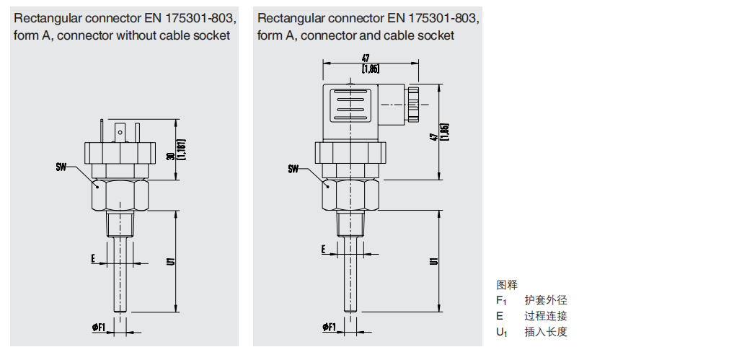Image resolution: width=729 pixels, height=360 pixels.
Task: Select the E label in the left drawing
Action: pyautogui.click(x=93, y=258)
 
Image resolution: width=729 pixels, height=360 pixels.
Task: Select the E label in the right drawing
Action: pyautogui.click(x=324, y=250)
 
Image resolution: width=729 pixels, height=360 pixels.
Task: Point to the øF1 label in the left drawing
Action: pyautogui.click(x=99, y=328)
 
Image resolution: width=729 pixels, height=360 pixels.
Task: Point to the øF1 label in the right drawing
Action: pyautogui.click(x=329, y=328)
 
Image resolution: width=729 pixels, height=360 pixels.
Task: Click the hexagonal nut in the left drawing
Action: pyautogui.click(x=121, y=195)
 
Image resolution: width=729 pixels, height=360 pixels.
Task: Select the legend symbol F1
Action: pyautogui.click(x=502, y=301)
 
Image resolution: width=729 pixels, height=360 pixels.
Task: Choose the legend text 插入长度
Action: pyautogui.click(x=546, y=332)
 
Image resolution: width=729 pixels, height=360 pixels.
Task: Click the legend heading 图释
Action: pyautogui.click(x=507, y=285)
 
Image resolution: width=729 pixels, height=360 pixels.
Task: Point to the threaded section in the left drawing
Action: pyautogui.click(x=120, y=225)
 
